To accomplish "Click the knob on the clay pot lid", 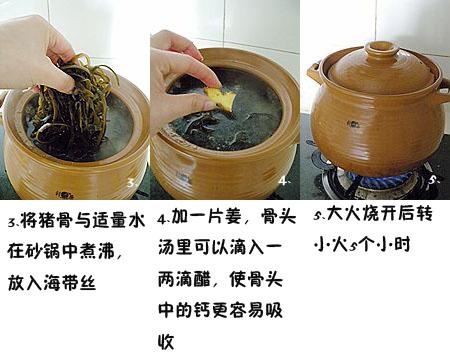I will point(381,50).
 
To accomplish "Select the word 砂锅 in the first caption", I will point(40,249).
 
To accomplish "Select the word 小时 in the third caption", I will point(402,244).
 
